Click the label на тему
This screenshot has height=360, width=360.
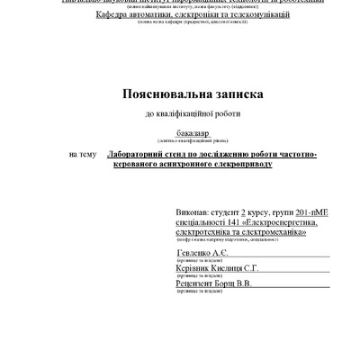81,155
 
